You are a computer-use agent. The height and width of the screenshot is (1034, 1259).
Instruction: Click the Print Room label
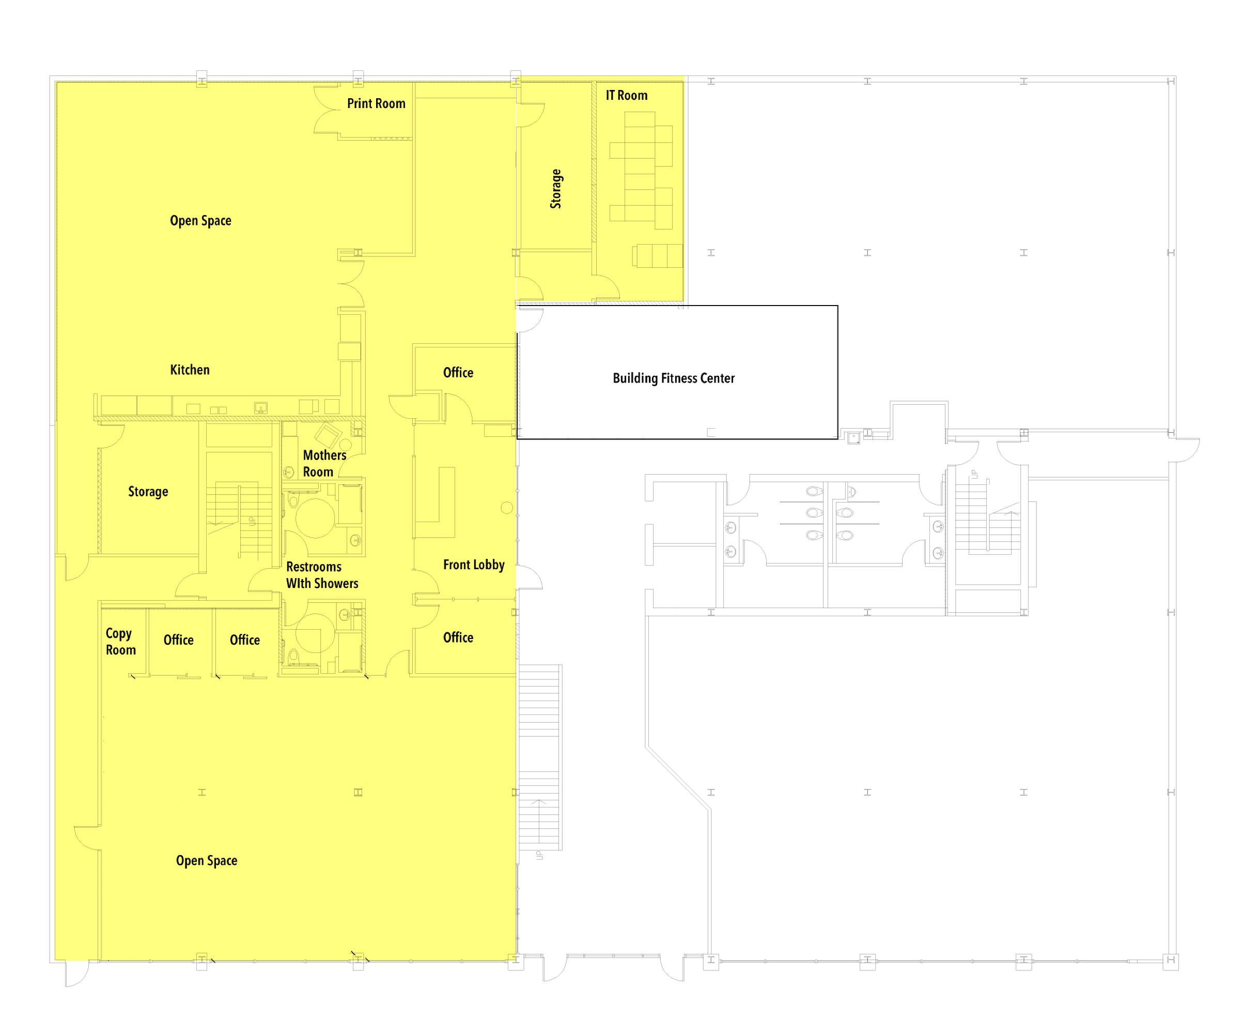pos(376,103)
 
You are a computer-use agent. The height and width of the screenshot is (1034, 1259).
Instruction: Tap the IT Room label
pos(626,95)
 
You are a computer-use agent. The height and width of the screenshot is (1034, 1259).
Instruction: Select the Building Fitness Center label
pos(673,378)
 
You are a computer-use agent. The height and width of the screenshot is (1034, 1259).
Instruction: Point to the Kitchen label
pos(190,370)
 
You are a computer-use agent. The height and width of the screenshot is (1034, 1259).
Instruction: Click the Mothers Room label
pos(324,463)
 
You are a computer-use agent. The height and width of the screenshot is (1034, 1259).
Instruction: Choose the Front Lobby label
pos(473,565)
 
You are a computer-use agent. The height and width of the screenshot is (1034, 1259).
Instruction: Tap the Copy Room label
pos(120,642)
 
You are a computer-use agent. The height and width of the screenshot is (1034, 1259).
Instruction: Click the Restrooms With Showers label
pos(322,575)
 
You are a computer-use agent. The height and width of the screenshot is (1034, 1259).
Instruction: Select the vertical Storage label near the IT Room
pos(555,188)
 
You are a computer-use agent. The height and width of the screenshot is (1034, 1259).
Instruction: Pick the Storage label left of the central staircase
pos(148,491)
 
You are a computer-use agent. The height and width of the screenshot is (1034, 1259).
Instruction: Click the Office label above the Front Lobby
pos(458,373)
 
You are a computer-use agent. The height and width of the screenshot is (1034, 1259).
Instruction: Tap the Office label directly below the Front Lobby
pos(458,637)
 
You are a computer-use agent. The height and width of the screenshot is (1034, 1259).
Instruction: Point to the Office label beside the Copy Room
pos(178,640)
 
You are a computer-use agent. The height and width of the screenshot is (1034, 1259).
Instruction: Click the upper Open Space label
pos(200,220)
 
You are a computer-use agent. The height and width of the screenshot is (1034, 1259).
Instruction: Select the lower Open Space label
pos(207,861)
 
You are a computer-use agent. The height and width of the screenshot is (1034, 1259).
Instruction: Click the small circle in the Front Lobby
pos(507,508)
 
